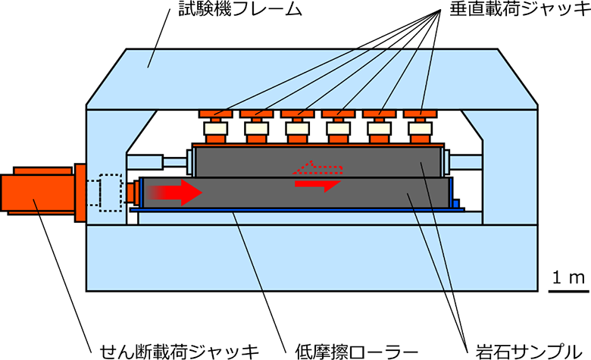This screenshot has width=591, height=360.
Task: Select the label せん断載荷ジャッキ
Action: tap(180, 350)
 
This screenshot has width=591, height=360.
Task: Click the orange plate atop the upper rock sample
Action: tap(318, 144)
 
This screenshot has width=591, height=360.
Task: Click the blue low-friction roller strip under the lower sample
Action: tap(295, 213)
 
